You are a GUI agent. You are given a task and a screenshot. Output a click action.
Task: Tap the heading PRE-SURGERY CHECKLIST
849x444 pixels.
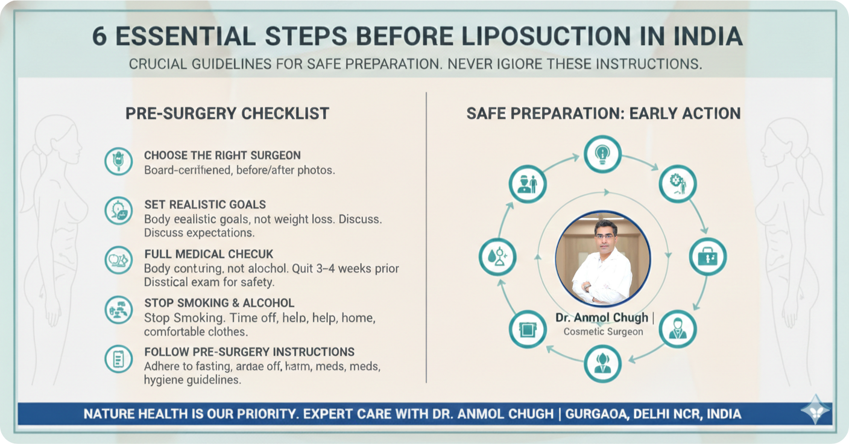tap(227, 113)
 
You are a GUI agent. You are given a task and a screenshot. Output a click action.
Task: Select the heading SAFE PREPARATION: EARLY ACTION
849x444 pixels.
tap(604, 113)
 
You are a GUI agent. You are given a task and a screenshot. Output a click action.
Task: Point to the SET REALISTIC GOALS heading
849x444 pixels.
tap(205, 205)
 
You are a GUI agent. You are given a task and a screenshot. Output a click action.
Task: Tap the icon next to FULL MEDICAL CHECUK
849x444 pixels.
tap(118, 260)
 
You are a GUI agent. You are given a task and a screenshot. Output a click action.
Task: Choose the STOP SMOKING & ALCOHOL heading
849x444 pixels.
tap(219, 303)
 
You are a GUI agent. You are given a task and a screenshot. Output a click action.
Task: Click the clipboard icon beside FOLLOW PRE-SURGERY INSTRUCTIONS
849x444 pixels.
tap(118, 358)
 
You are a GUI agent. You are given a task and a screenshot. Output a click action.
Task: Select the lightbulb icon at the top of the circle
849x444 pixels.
tap(602, 154)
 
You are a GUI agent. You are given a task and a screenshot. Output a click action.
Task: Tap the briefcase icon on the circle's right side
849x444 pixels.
tap(708, 257)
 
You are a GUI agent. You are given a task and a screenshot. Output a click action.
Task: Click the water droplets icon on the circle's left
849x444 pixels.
tap(497, 257)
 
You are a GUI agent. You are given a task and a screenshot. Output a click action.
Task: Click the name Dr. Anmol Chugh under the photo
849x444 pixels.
tap(602, 317)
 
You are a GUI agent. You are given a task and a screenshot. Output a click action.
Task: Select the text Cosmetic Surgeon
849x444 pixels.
tap(603, 332)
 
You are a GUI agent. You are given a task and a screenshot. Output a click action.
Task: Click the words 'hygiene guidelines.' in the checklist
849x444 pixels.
tap(192, 380)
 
